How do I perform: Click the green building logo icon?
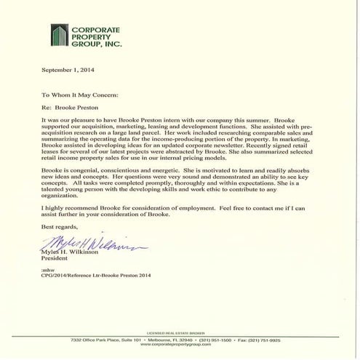click(60, 34)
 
